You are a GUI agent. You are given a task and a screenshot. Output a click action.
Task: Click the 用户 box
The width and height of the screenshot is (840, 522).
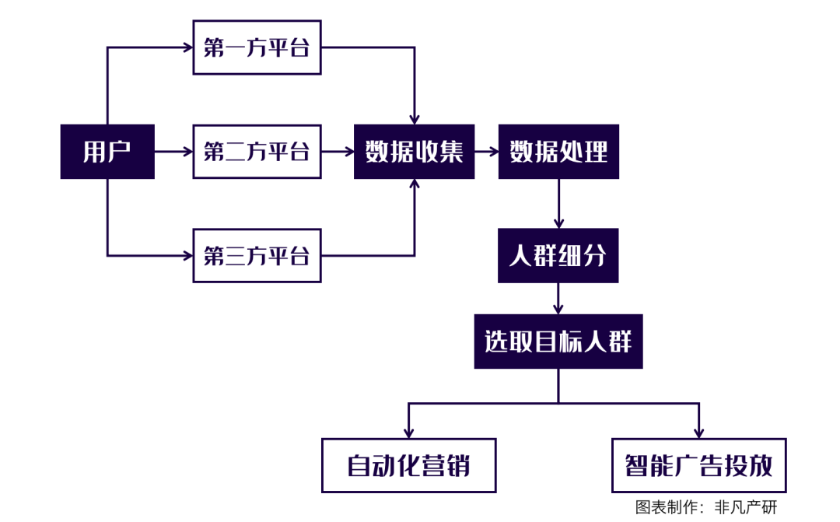point(107,152)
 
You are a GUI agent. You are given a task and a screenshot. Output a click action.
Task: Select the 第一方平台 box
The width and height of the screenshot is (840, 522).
point(257,48)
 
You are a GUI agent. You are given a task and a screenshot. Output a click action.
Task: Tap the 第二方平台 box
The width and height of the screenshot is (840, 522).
point(257,152)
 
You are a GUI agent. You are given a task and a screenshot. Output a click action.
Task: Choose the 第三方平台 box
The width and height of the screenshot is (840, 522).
point(257,255)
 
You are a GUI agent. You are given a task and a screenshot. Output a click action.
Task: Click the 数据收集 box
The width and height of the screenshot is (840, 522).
point(414,152)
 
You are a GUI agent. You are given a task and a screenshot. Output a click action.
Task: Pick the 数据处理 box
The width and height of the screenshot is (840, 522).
point(558,152)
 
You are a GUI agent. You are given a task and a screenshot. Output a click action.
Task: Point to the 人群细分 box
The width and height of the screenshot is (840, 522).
point(558,255)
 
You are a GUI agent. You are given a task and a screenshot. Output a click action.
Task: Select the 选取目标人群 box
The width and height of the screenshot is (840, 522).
point(558,342)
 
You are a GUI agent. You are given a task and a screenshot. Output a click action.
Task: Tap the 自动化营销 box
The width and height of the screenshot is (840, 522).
point(409,465)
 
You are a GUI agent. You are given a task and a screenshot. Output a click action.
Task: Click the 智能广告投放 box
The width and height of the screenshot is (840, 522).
point(699,465)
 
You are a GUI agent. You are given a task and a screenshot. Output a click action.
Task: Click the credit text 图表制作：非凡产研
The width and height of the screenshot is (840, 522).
point(705,507)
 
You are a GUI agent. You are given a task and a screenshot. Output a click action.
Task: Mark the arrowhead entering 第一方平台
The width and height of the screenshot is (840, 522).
point(187,48)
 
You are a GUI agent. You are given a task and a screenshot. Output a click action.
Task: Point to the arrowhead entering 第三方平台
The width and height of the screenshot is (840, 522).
point(187,255)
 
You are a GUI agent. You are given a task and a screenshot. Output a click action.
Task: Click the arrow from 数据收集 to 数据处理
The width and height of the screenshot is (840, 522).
point(486,152)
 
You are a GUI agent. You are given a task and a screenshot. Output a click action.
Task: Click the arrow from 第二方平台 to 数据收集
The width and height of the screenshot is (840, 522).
point(337,152)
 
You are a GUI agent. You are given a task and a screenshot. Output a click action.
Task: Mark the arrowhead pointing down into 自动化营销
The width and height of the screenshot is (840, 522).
point(409,432)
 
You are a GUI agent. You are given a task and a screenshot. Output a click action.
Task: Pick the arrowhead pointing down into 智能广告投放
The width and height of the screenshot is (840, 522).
point(699,432)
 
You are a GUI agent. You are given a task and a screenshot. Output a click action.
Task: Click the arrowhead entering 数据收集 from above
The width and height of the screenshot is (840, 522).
point(415,118)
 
